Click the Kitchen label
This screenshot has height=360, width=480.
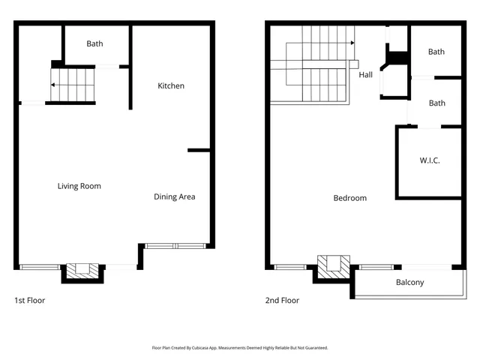170,85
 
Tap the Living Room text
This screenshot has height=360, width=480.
79,186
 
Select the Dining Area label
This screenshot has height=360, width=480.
174,196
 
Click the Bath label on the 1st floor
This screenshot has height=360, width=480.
94,43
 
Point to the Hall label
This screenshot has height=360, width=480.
365,74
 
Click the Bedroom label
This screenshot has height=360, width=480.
349,198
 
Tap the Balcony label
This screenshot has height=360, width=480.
409,283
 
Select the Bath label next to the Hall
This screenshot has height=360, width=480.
436,52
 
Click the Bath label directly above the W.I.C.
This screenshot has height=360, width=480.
436,103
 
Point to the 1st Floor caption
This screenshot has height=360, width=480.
30,301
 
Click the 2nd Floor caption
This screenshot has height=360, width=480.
282,301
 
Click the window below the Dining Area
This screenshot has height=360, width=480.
175,245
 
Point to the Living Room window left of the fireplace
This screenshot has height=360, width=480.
40,266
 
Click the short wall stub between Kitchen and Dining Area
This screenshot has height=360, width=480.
198,151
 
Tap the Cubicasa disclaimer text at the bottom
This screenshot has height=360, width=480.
240,348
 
